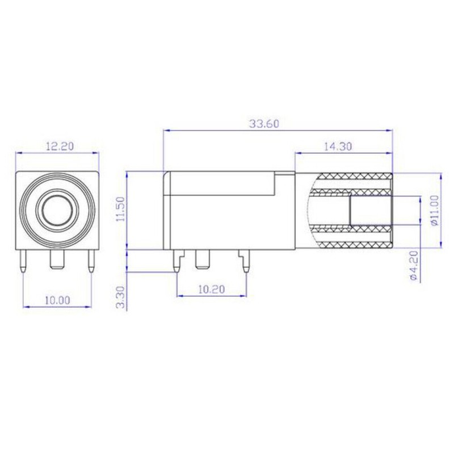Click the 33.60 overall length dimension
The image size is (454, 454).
coord(264,124)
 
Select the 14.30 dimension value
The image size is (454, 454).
coord(338,146)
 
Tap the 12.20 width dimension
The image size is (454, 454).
coord(60,146)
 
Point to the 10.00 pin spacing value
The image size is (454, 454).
coord(57,300)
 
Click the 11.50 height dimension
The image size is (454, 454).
coord(120,209)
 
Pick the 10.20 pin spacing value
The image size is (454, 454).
coord(212,289)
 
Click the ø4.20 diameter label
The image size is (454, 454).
coord(414,265)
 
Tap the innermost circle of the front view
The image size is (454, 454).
coord(57,210)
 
